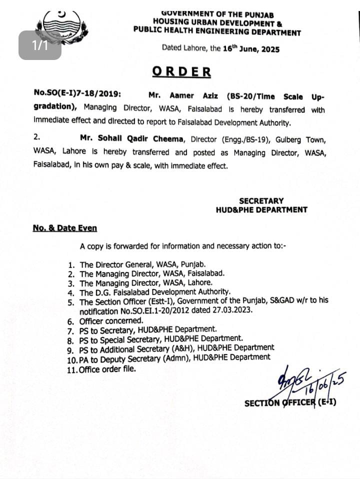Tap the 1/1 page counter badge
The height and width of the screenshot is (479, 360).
point(40,45)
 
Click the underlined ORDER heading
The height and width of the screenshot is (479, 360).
point(181,71)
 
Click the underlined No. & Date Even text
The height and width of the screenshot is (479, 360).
point(65,228)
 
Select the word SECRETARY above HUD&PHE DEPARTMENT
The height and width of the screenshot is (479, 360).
point(261,200)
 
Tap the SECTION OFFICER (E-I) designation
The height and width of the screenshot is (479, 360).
point(290,402)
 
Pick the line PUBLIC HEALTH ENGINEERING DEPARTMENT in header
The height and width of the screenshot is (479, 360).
point(217,32)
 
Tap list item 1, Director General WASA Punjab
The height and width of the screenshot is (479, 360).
point(142,264)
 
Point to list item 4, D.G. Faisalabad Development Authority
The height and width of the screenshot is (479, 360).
point(155,292)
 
